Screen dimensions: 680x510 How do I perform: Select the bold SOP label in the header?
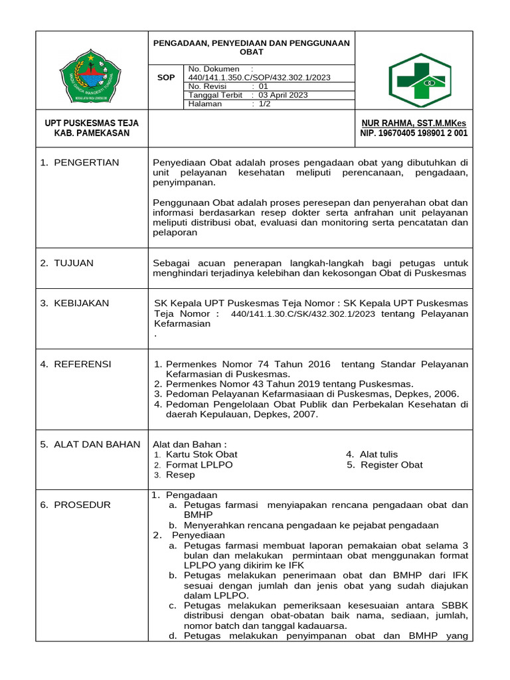pos(166,78)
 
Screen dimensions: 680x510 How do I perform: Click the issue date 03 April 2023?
pos(283,95)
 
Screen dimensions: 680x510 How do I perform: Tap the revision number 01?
pos(263,86)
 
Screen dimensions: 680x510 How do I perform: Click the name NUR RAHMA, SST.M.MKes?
pos(414,123)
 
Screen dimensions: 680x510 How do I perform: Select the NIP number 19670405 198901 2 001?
pos(414,133)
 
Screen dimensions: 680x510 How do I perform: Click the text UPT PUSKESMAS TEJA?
pos(92,123)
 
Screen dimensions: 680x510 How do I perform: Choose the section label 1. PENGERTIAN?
pos(79,162)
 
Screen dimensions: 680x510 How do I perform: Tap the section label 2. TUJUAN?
pos(66,263)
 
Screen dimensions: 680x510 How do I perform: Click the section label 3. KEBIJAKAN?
pos(74,303)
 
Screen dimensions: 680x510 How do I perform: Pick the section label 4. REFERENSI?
pos(75,364)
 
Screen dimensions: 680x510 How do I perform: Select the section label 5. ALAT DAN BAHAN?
pos(90,444)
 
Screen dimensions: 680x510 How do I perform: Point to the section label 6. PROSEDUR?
pos(75,505)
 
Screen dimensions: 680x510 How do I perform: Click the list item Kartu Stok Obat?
pos(201,454)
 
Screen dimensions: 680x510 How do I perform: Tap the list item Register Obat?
pos(391,465)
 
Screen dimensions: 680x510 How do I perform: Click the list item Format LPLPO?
pos(199,465)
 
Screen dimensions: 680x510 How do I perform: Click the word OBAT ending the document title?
pos(252,52)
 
